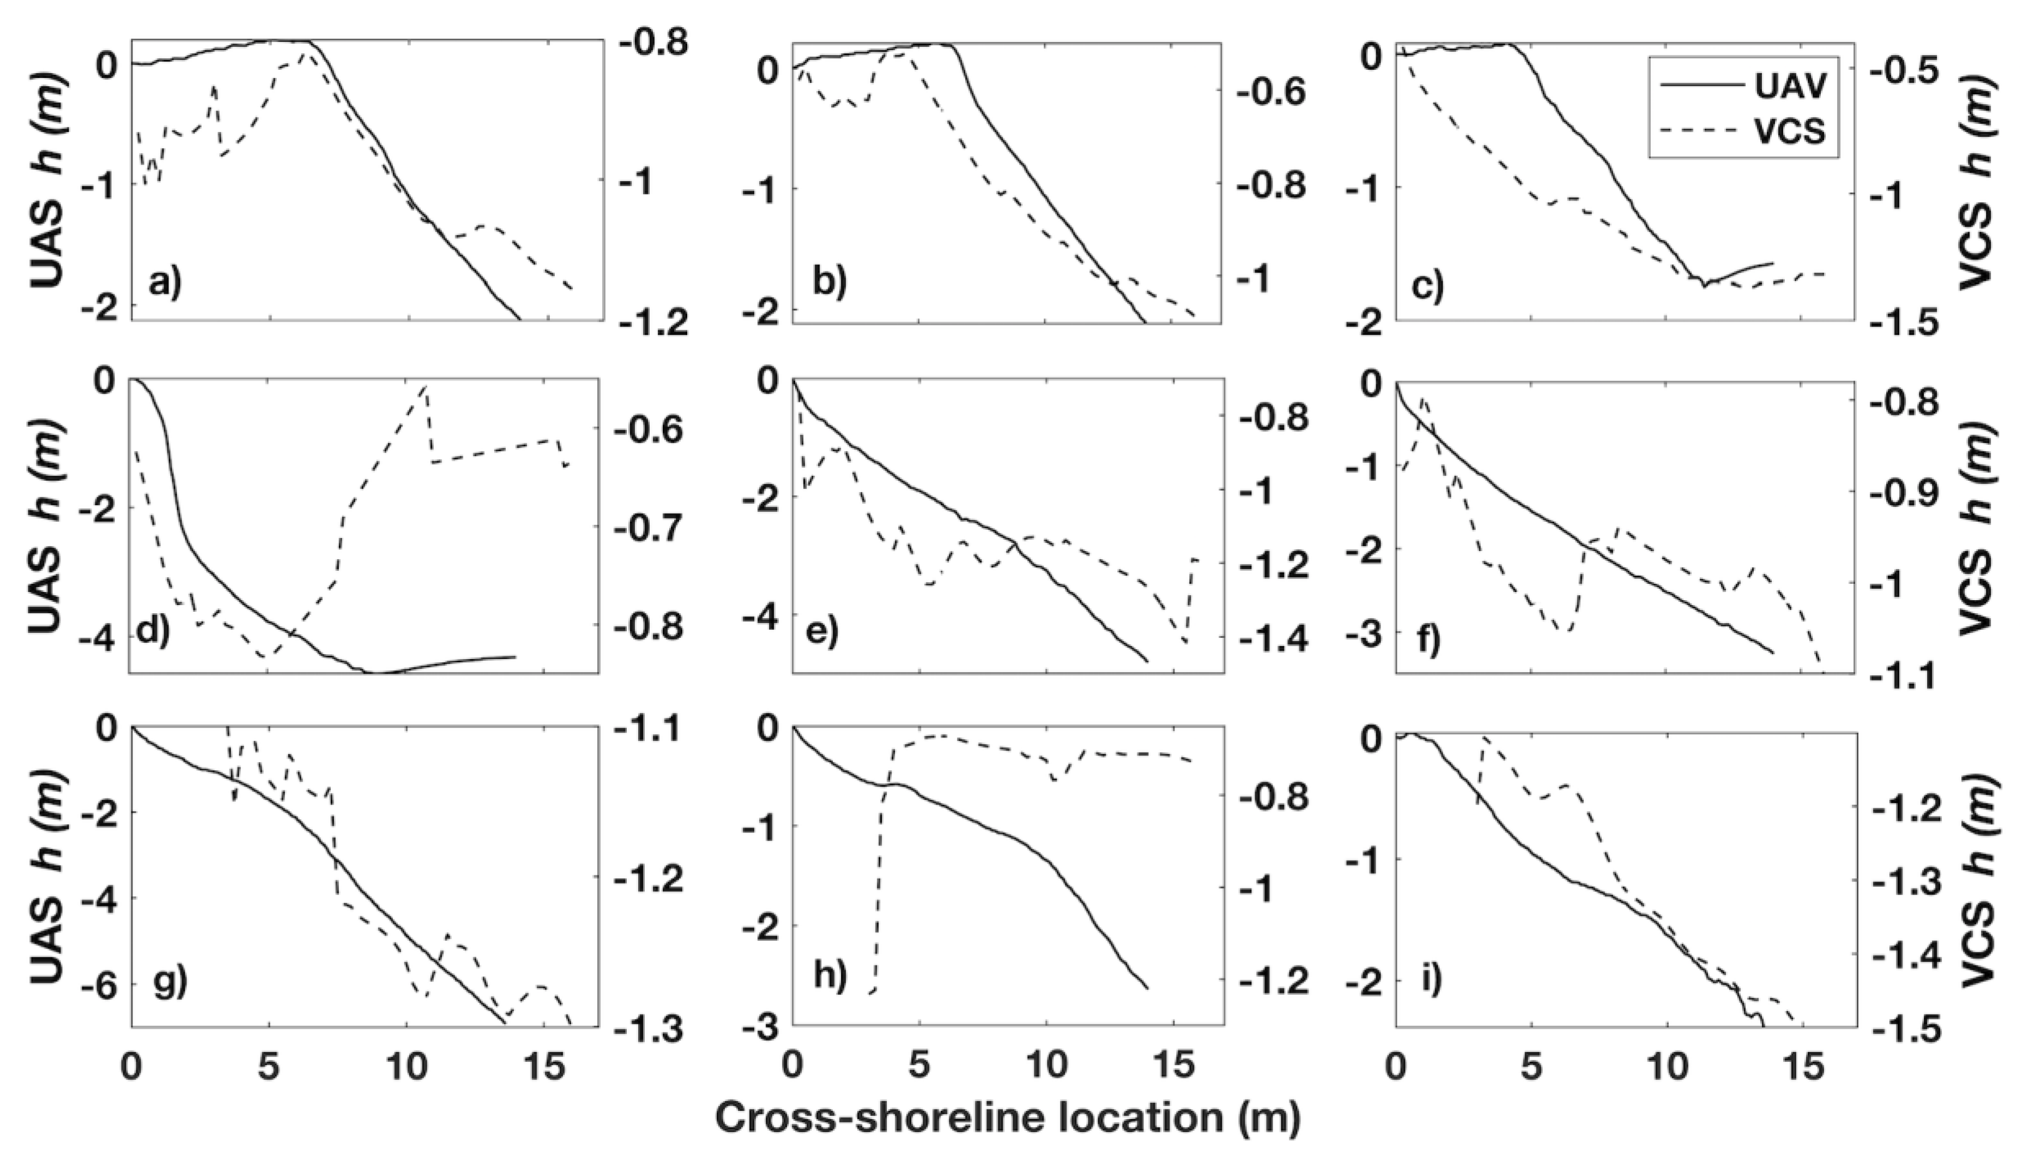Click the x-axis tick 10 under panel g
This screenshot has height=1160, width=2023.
coord(407,1065)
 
